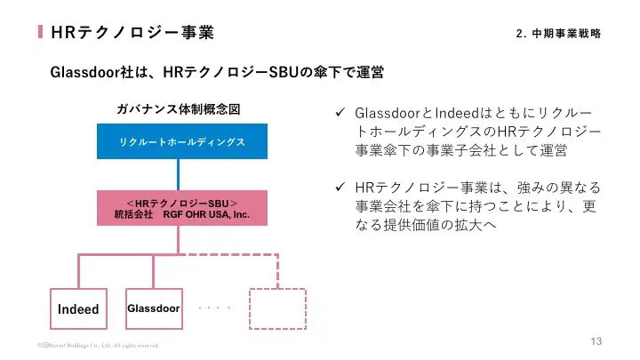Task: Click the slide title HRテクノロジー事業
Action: tap(133, 33)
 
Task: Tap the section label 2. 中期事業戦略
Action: tap(557, 34)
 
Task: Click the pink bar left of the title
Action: tap(41, 33)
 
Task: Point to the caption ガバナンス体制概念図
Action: tap(179, 109)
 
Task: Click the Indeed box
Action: tap(78, 309)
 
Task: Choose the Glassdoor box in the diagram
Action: tap(154, 308)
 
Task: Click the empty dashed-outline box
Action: tap(276, 308)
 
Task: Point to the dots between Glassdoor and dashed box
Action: tap(215, 308)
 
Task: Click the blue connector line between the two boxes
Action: tap(180, 174)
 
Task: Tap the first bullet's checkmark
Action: tap(339, 116)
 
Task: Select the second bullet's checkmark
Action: tap(339, 188)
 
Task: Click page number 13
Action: tap(596, 342)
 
